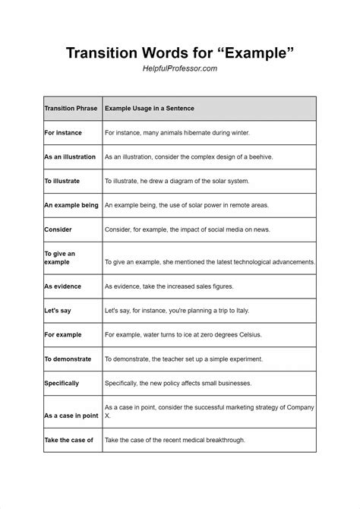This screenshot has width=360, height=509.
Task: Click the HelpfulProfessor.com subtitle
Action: pos(180,68)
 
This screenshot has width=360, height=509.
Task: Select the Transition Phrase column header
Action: pos(71,109)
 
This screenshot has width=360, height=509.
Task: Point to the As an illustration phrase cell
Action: pos(70,157)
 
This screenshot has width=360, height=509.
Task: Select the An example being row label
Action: pos(71,205)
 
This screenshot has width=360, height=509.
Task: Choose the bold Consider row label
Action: pos(58,229)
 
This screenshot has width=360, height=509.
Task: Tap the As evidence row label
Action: pos(64,286)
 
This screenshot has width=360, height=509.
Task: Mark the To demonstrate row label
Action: pos(68,359)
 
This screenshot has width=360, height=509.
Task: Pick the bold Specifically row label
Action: pos(62,383)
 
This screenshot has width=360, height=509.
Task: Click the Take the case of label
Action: pos(68,440)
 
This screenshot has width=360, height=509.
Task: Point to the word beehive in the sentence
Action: pos(260,157)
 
